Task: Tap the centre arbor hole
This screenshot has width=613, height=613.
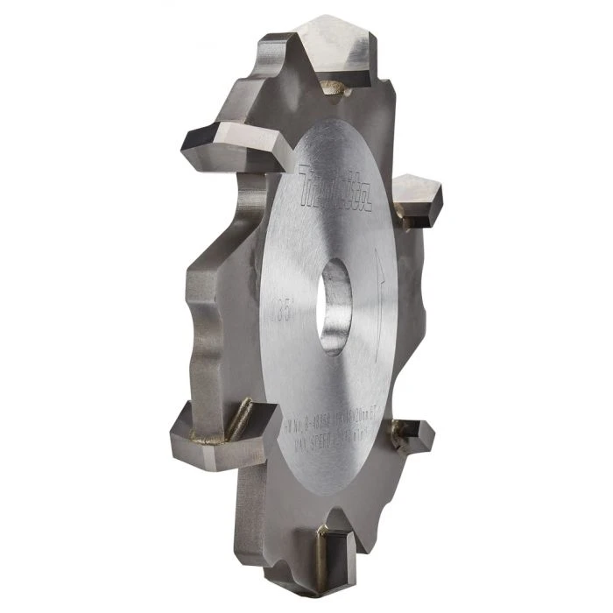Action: (x=335, y=308)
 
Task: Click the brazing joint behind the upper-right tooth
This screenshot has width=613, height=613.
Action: (x=404, y=219)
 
